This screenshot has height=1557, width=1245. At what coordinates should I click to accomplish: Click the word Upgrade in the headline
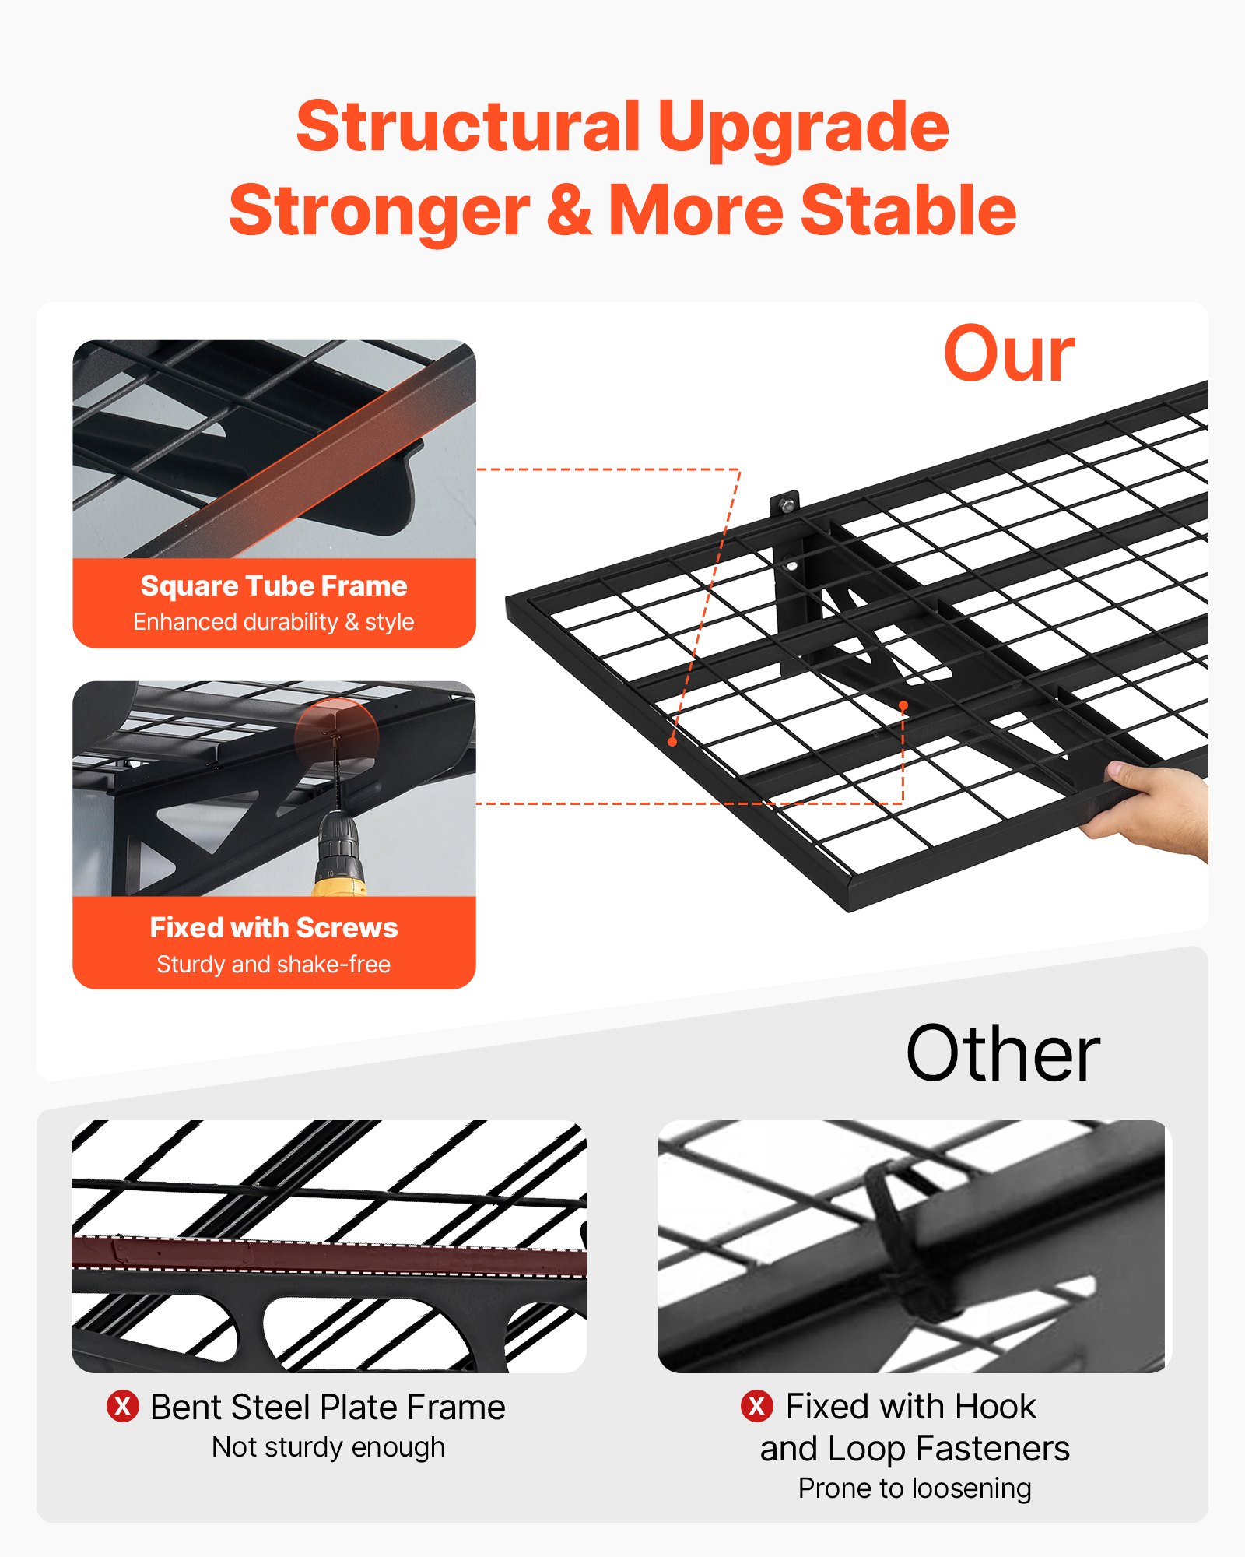click(802, 128)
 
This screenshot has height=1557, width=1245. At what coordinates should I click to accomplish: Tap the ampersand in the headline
click(569, 210)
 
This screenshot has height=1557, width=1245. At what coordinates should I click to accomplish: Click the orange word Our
click(1008, 355)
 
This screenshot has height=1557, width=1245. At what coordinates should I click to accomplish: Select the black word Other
click(1002, 1053)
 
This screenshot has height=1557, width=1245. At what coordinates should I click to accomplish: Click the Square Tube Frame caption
click(274, 586)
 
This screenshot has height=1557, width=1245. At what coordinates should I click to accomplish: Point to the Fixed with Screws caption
click(274, 928)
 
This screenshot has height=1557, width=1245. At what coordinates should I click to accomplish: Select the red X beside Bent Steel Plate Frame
click(123, 1407)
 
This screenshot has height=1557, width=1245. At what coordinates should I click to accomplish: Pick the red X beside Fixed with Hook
click(756, 1406)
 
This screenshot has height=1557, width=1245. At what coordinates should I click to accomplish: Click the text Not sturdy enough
click(328, 1447)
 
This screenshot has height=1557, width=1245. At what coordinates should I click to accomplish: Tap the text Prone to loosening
click(914, 1488)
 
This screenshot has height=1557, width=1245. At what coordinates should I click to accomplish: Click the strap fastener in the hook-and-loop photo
click(903, 1238)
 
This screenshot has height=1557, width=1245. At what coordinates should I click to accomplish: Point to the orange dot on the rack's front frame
click(672, 742)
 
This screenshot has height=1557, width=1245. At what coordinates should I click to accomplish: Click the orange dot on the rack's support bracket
click(903, 705)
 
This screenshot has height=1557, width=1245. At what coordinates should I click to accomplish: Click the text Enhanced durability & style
click(274, 622)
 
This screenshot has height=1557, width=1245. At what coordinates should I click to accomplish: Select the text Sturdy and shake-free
click(274, 965)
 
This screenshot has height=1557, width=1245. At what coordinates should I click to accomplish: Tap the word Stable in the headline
click(908, 210)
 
